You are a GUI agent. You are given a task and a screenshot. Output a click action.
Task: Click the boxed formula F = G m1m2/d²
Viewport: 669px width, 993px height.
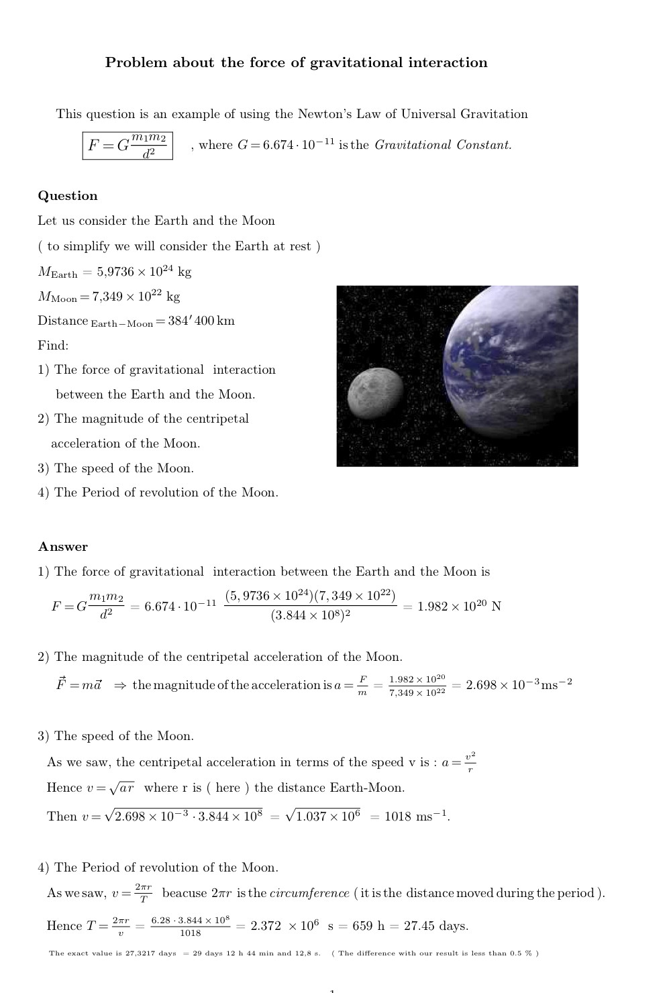point(127,145)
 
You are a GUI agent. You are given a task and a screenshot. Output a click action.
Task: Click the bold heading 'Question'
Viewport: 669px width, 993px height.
point(68,196)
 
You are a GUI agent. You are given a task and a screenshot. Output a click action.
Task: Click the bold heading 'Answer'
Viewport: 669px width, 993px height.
point(63,547)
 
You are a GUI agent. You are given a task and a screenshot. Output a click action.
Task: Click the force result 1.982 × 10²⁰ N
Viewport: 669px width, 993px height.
point(459,607)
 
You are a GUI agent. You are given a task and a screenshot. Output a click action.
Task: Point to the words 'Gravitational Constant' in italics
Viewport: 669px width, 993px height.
point(443,145)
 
